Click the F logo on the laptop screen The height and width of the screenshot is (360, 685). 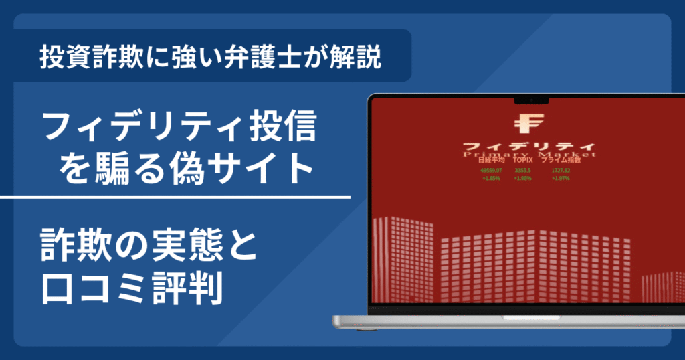tap(528, 124)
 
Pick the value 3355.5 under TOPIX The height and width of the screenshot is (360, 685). tap(523, 171)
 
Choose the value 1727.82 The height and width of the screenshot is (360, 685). tap(560, 171)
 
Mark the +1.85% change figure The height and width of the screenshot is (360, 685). tap(490, 179)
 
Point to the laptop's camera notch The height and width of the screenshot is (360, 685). tap(531, 102)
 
